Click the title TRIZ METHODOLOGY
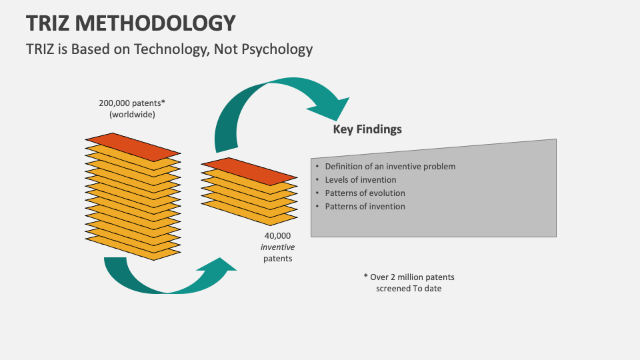[131, 23]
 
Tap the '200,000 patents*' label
[132, 103]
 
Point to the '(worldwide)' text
[132, 115]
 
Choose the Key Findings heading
[367, 129]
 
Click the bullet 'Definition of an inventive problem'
[390, 167]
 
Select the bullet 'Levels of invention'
[360, 180]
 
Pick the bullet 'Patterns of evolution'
[365, 193]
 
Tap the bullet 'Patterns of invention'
[365, 207]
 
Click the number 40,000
[277, 235]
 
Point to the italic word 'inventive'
[277, 247]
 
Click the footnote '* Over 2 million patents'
[409, 277]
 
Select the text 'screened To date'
[409, 289]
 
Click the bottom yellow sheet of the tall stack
[133, 253]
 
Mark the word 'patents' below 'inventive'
[277, 259]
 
